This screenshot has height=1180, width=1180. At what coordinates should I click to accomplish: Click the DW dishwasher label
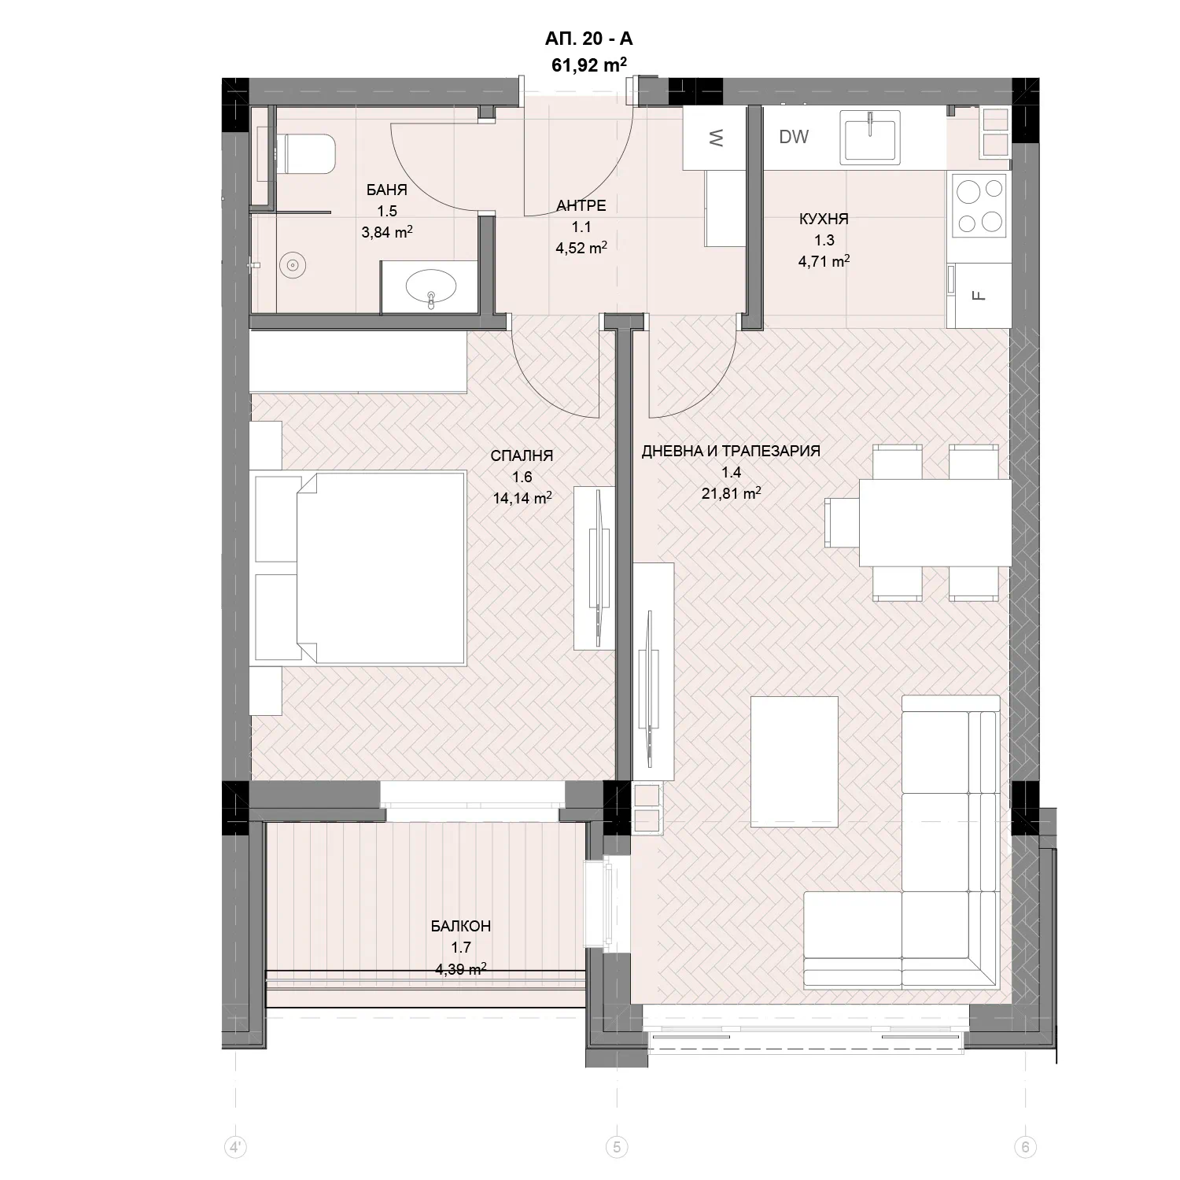pyautogui.click(x=794, y=137)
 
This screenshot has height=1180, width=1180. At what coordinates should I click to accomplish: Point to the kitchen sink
pyautogui.click(x=870, y=137)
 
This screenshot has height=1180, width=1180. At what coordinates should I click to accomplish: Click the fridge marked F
pyautogui.click(x=979, y=295)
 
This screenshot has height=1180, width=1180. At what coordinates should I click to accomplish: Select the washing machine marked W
pyautogui.click(x=714, y=138)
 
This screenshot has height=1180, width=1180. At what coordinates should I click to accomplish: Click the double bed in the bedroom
pyautogui.click(x=358, y=567)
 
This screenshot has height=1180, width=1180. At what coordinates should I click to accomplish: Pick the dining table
pyautogui.click(x=935, y=523)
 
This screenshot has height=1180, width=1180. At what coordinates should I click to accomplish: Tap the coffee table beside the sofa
pyautogui.click(x=795, y=761)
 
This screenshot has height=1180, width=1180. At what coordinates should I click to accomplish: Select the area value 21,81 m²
pyautogui.click(x=731, y=493)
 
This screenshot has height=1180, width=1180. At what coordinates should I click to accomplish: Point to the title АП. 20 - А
pyautogui.click(x=588, y=39)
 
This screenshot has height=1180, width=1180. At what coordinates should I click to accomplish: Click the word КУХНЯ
pyautogui.click(x=824, y=219)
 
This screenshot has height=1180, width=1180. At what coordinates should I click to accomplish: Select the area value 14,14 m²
pyautogui.click(x=521, y=497)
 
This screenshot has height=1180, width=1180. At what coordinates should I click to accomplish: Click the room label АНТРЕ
pyautogui.click(x=581, y=206)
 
